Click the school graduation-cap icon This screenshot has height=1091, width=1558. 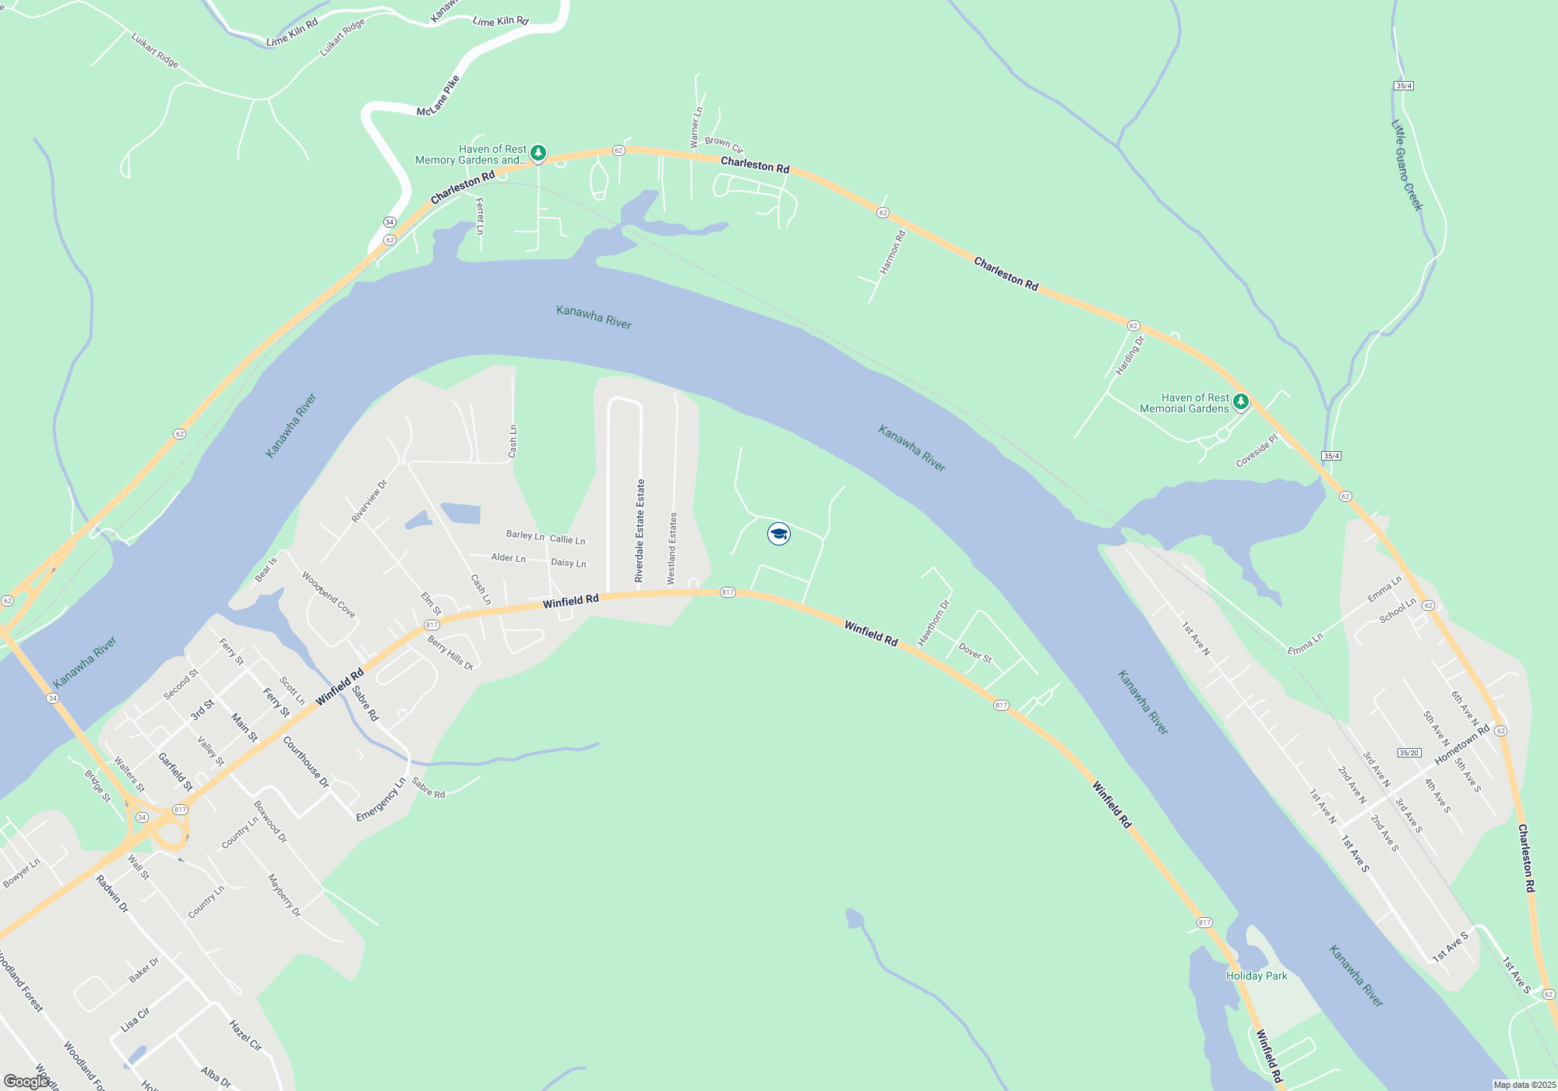[x=779, y=534]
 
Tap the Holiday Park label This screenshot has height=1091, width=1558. [x=1257, y=976]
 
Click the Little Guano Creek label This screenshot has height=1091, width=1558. [x=1407, y=165]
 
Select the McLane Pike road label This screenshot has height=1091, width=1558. [x=438, y=97]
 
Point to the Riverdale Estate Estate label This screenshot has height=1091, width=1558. [x=640, y=531]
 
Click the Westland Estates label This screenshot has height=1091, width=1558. [x=672, y=548]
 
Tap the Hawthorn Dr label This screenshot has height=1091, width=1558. [x=934, y=622]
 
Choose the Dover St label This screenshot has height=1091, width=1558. [x=975, y=653]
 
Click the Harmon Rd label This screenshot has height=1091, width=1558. [x=893, y=252]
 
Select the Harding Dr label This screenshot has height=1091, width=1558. [x=1130, y=355]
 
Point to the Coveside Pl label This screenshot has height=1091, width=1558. [x=1257, y=451]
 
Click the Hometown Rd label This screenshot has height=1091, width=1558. [x=1462, y=744]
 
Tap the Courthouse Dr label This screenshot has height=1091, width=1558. [x=306, y=762]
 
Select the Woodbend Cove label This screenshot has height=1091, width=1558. [x=329, y=595]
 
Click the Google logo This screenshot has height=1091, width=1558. [x=26, y=1082]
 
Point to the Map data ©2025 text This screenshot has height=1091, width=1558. [x=1525, y=1085]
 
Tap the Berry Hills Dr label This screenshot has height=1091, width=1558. [x=450, y=653]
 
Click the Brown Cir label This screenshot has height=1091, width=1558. [x=724, y=144]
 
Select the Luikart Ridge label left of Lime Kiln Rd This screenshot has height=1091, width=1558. [x=155, y=50]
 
